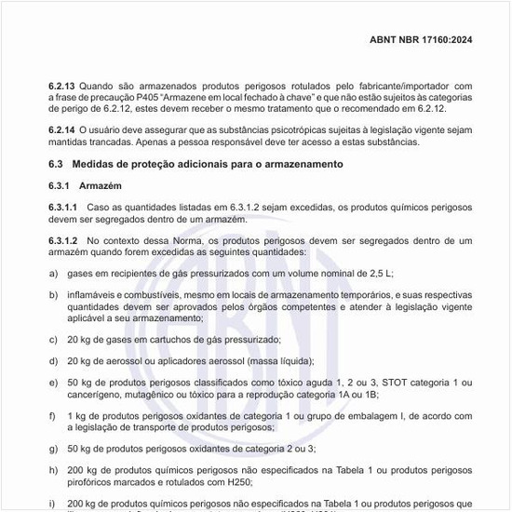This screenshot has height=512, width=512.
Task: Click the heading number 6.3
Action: pyautogui.click(x=56, y=164)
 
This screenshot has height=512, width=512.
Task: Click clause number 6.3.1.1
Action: pyautogui.click(x=64, y=206)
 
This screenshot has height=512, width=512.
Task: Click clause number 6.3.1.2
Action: pyautogui.click(x=64, y=240)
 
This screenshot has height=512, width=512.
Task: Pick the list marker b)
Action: pyautogui.click(x=53, y=294)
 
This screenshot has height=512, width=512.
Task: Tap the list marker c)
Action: pyautogui.click(x=53, y=340)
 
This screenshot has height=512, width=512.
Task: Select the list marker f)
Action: pyautogui.click(x=53, y=415)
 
